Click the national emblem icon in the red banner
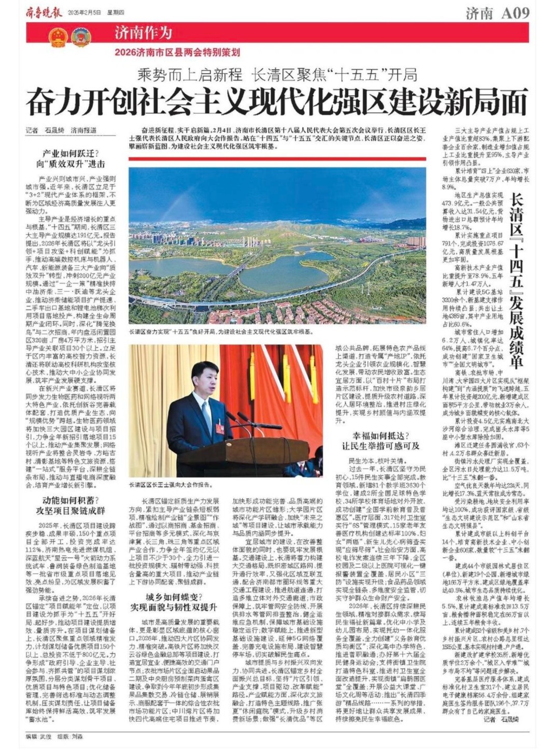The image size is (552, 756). click(59, 37)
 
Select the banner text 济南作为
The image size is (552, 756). click(143, 33)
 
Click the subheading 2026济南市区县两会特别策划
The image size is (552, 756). click(177, 52)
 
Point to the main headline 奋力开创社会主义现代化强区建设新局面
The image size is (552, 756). click(277, 101)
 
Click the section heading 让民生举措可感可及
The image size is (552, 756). click(380, 446)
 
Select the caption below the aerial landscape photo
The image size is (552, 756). click(220, 331)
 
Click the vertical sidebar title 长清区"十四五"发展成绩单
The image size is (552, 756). click(516, 280)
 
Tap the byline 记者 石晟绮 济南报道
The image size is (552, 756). click(61, 130)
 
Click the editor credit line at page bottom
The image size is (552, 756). click(54, 736)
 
